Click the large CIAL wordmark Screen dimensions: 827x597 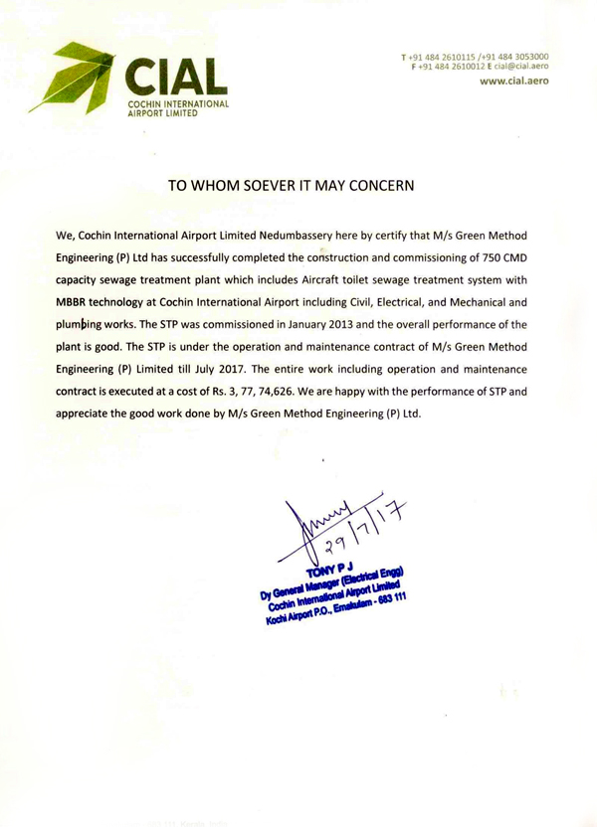pos(178,77)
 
